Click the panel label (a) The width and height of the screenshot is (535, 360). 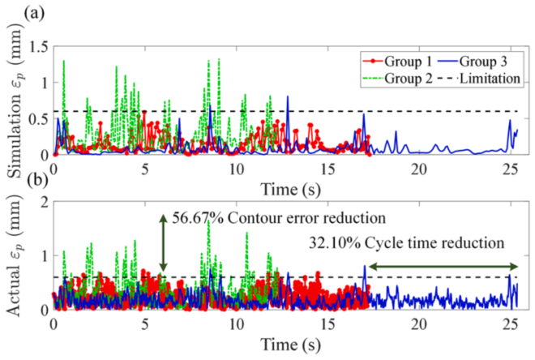(x=16, y=12)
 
